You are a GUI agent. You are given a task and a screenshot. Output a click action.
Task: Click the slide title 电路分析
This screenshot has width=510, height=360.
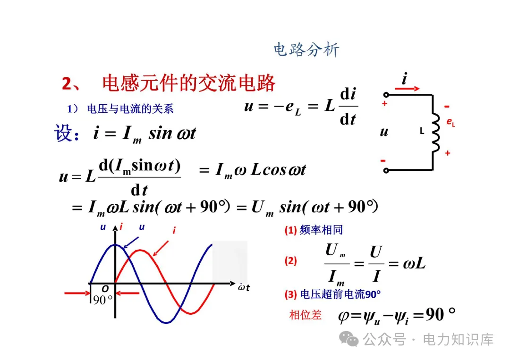[306, 50]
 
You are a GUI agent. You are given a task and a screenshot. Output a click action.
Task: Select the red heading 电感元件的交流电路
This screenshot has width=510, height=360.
[188, 84]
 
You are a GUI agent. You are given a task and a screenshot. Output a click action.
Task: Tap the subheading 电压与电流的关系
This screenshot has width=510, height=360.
[130, 109]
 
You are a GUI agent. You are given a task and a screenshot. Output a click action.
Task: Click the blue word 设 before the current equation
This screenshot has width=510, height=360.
[64, 134]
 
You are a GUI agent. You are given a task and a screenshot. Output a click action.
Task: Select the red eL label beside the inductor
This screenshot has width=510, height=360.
[450, 122]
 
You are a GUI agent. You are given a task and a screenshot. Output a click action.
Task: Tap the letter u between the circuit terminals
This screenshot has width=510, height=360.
[384, 132]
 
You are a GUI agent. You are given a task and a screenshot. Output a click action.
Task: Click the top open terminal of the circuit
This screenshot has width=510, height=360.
[386, 94]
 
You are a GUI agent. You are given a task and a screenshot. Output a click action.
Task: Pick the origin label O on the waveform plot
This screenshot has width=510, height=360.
[105, 289]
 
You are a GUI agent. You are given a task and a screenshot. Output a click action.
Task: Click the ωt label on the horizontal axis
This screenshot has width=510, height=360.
[244, 288]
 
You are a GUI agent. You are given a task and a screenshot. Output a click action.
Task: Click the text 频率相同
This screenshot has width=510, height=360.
[321, 230]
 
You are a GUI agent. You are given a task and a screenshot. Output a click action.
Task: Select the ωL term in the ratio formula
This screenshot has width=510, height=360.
[414, 263]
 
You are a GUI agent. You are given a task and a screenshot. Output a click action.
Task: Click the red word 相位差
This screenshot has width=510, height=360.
[305, 315]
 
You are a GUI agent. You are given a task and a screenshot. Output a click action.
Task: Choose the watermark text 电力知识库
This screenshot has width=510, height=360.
[458, 339]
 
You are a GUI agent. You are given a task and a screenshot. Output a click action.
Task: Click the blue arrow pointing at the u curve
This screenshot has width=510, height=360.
[131, 242]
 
